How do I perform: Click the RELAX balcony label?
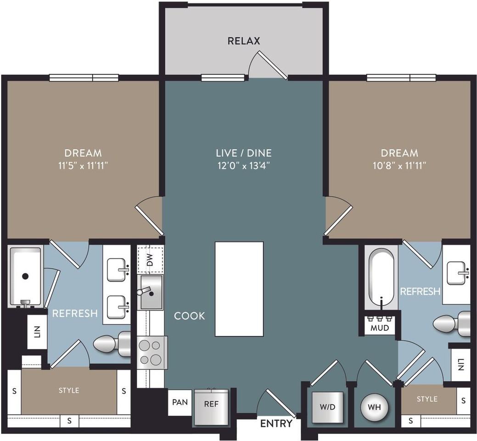pos(244,41)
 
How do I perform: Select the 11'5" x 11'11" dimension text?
pos(83,165)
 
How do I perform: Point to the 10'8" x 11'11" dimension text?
pos(399,165)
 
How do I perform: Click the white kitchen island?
pos(239,289)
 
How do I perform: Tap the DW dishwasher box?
pos(150,260)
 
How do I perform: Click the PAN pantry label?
pos(180,402)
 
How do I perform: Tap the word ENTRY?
pos(276,424)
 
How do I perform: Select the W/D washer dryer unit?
pos(327,407)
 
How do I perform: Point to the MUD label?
pos(380,328)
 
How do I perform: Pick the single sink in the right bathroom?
pos(456,271)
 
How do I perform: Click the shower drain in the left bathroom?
pos(25,276)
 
